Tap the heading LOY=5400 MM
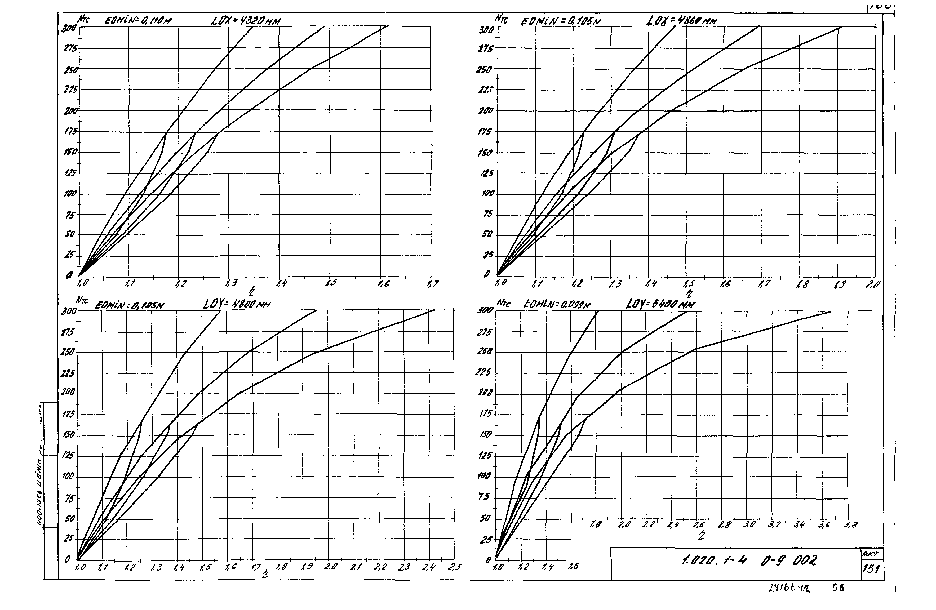point(659,304)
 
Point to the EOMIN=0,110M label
point(139,21)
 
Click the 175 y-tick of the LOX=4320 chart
point(70,131)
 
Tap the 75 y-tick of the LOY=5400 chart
point(484,497)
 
